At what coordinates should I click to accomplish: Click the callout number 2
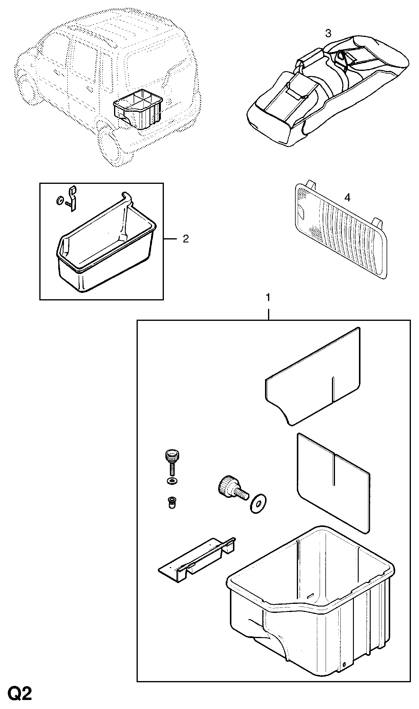[186, 239]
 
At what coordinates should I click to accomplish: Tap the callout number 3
[328, 33]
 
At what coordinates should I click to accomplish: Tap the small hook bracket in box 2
[73, 198]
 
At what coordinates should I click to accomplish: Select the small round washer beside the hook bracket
[59, 201]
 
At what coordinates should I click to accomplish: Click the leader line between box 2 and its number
[171, 239]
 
